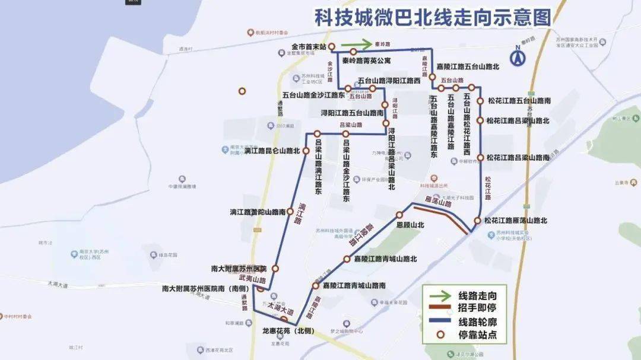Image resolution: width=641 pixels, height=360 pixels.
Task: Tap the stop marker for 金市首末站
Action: (x=332, y=46)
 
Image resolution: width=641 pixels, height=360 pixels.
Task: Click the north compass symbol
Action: (x=518, y=57)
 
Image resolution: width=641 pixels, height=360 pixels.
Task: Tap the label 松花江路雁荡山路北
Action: (x=515, y=221)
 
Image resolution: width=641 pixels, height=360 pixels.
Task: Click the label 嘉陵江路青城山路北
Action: (x=385, y=259)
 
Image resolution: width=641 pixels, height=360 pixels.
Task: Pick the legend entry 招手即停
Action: (x=478, y=308)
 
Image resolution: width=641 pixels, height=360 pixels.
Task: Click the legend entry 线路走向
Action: (x=478, y=295)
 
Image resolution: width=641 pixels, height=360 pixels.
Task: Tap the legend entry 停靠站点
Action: (x=478, y=336)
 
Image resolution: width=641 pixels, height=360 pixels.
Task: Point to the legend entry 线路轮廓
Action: (x=478, y=322)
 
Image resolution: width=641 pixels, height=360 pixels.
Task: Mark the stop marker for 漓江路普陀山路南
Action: (x=290, y=211)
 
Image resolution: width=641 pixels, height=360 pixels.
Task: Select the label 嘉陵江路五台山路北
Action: (x=467, y=67)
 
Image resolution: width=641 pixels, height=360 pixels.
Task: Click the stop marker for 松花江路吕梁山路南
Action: (x=480, y=158)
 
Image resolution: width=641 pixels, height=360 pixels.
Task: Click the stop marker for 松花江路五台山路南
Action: (x=480, y=101)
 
